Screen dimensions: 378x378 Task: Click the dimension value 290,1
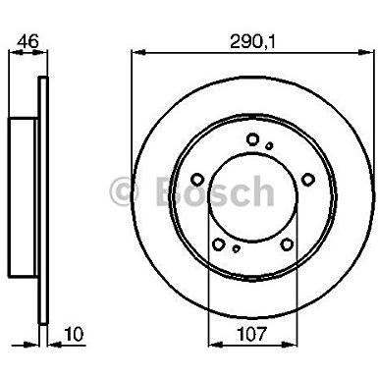pyautogui.click(x=252, y=41)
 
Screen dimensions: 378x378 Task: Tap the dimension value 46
pyautogui.click(x=27, y=41)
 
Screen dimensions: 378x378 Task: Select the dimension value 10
pyautogui.click(x=74, y=334)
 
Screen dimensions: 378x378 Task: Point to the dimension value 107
pyautogui.click(x=251, y=334)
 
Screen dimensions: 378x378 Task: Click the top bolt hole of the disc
pyautogui.click(x=252, y=139)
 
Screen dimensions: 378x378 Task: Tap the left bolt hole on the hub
pyautogui.click(x=197, y=180)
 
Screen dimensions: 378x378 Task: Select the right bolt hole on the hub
pyautogui.click(x=308, y=180)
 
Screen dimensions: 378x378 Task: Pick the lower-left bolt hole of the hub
pyautogui.click(x=218, y=243)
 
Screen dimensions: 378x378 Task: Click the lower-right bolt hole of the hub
pyautogui.click(x=287, y=243)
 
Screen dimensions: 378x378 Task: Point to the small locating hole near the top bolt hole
pyautogui.click(x=269, y=146)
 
